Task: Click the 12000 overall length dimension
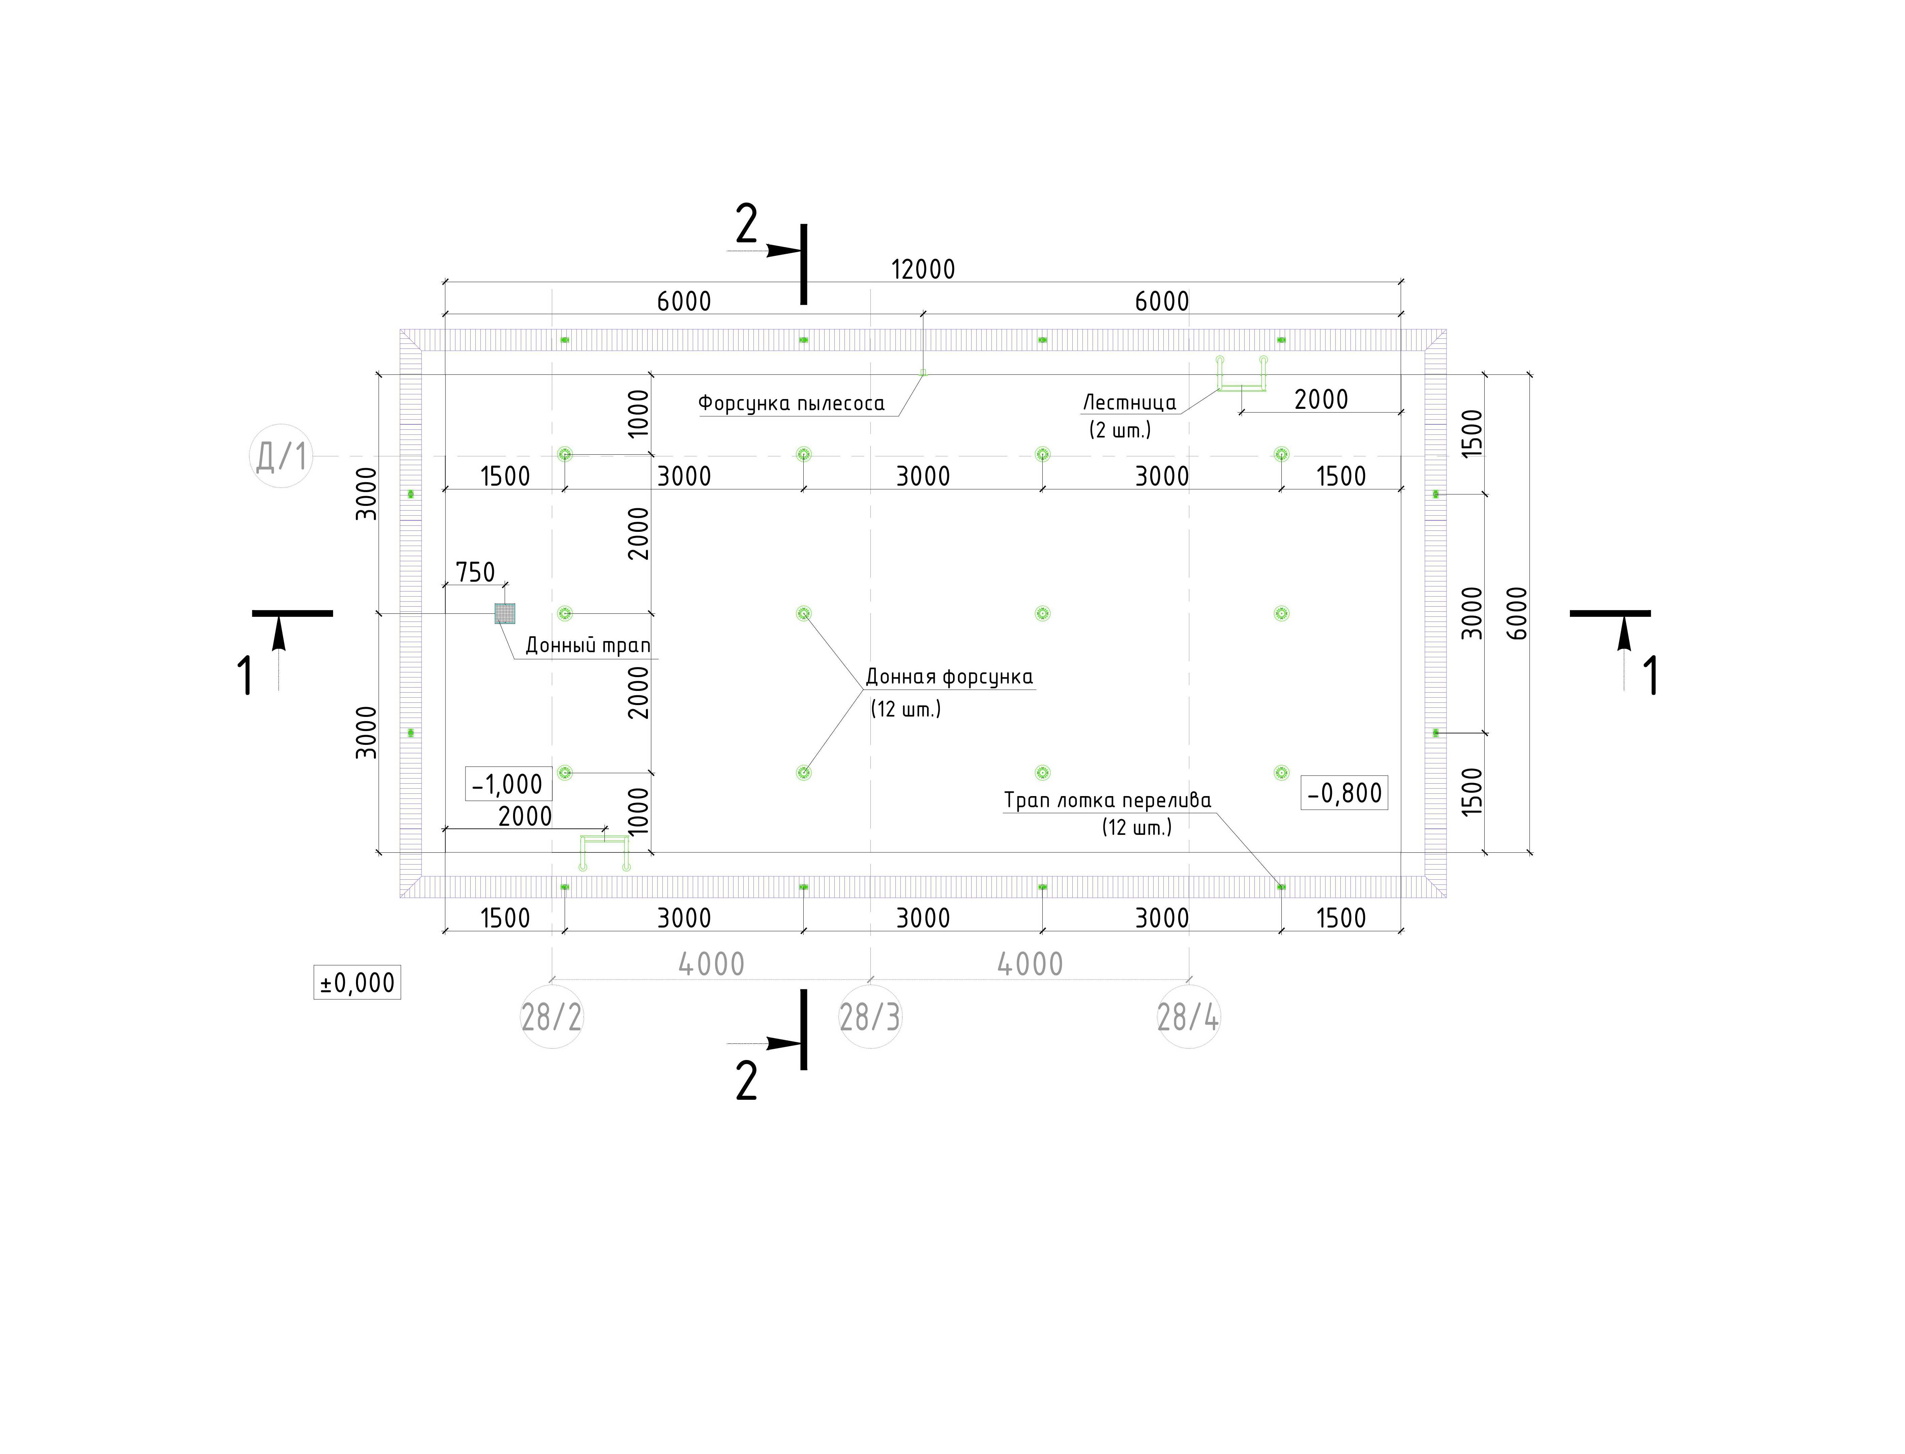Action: pos(923,269)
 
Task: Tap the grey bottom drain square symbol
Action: pos(505,614)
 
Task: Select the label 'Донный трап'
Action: pos(588,646)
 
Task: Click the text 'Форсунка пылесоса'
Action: pos(791,403)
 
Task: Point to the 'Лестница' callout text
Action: pos(1130,402)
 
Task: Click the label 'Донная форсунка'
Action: pos(950,677)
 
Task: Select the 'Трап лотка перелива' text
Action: pos(1107,800)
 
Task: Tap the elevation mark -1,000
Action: pos(508,784)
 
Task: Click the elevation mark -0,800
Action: pos(1344,793)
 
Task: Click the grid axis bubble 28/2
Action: pos(551,1017)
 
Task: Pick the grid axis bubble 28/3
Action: pos(870,1017)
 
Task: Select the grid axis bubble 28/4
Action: pos(1188,1017)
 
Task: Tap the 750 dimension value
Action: pos(475,572)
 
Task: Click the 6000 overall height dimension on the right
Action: pos(1517,614)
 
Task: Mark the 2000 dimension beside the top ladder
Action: pos(1321,400)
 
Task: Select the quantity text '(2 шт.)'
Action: pos(1120,430)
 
